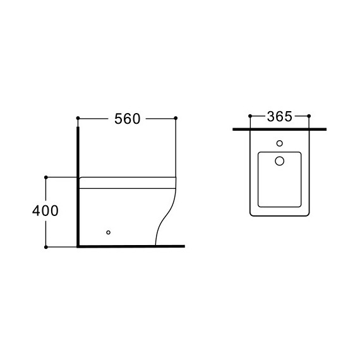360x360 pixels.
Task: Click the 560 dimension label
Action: (x=127, y=119)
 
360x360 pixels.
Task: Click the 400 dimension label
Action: (x=45, y=211)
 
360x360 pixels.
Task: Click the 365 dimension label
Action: (x=279, y=116)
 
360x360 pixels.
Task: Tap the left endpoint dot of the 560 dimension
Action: (x=78, y=118)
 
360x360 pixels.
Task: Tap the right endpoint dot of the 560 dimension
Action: (x=176, y=118)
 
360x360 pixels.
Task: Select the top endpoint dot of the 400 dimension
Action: (x=46, y=177)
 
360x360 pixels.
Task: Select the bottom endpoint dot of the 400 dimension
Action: (x=46, y=247)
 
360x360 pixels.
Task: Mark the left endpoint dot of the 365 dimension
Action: (x=250, y=116)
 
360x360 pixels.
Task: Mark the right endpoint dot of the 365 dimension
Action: (x=309, y=116)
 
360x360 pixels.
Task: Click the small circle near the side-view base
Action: (x=109, y=232)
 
